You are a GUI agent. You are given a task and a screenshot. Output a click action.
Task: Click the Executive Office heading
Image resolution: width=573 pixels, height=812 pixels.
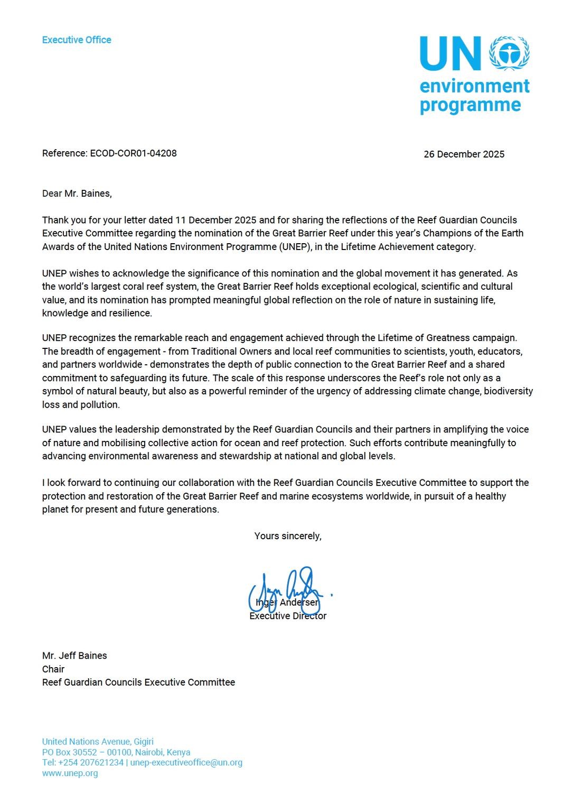77,40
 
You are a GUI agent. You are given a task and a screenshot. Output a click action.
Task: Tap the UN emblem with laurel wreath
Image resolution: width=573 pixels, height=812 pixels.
510,53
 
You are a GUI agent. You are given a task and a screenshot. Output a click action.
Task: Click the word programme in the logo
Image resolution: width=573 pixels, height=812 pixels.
470,105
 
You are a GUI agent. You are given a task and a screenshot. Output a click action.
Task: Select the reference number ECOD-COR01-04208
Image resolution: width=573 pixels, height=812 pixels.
134,153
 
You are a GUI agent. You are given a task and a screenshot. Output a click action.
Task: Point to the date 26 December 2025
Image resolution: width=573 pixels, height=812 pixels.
464,154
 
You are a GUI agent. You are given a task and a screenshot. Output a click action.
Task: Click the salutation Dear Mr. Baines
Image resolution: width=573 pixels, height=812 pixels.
77,193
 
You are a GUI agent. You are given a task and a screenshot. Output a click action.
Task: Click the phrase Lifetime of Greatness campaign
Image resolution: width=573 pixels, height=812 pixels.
446,338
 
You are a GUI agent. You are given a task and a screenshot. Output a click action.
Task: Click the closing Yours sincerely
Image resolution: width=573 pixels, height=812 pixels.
288,536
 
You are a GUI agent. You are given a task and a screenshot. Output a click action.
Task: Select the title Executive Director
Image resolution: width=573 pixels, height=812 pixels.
288,616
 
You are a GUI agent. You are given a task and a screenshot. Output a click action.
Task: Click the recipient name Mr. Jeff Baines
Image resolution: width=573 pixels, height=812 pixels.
74,656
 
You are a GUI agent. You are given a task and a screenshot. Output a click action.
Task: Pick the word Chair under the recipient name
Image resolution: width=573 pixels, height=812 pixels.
53,669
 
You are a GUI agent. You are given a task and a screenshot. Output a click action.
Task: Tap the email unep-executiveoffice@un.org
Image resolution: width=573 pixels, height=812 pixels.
186,762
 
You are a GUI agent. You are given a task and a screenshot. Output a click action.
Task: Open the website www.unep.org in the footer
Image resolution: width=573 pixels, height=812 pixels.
70,773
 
